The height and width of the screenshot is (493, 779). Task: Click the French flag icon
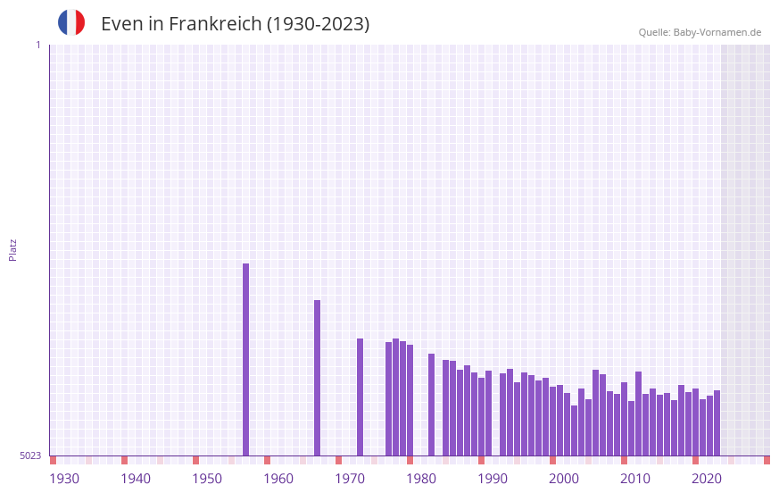(71, 23)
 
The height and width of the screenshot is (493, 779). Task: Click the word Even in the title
(120, 24)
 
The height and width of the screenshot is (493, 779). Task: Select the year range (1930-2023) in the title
(318, 24)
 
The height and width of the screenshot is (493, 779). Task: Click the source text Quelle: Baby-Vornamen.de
(700, 32)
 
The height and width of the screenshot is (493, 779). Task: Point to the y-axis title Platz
(12, 249)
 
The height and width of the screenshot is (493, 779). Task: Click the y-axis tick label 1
(37, 45)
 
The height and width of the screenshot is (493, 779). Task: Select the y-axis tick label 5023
(30, 455)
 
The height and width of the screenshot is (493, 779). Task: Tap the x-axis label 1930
(64, 479)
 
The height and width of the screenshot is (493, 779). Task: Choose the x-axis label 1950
(207, 479)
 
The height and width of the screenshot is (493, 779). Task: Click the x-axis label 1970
(350, 479)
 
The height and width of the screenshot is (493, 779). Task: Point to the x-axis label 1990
(493, 479)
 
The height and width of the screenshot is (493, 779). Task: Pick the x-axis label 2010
(635, 479)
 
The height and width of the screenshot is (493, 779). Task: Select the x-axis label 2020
(707, 479)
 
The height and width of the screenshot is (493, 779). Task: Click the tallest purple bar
(246, 357)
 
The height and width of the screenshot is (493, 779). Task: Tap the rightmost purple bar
(717, 422)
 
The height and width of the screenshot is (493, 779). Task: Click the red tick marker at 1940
(124, 460)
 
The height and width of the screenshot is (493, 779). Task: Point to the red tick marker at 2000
(552, 460)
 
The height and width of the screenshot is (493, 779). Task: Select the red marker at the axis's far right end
(767, 460)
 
